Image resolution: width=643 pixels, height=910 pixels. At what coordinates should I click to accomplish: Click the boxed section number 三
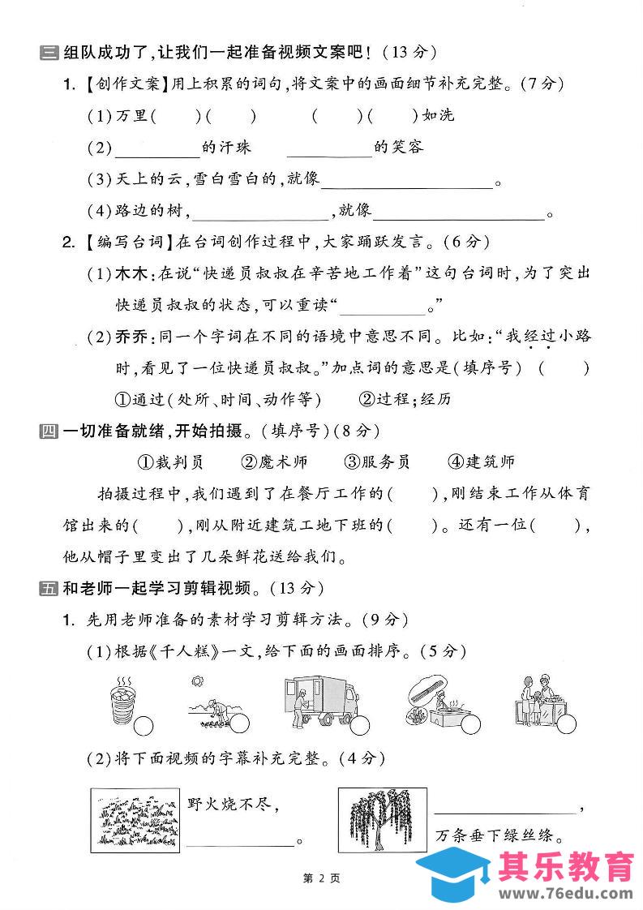pyautogui.click(x=48, y=54)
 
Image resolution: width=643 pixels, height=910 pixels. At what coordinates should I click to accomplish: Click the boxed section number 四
pyautogui.click(x=48, y=431)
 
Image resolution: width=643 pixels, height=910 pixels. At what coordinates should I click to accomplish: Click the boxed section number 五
pyautogui.click(x=48, y=589)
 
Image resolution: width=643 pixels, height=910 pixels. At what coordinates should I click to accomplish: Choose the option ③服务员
pyautogui.click(x=377, y=462)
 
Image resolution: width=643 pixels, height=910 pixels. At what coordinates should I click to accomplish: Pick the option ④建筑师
pyautogui.click(x=481, y=462)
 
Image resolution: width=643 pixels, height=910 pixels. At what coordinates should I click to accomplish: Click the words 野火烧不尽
pyautogui.click(x=233, y=804)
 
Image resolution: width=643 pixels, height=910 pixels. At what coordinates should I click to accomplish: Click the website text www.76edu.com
pyautogui.click(x=565, y=892)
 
